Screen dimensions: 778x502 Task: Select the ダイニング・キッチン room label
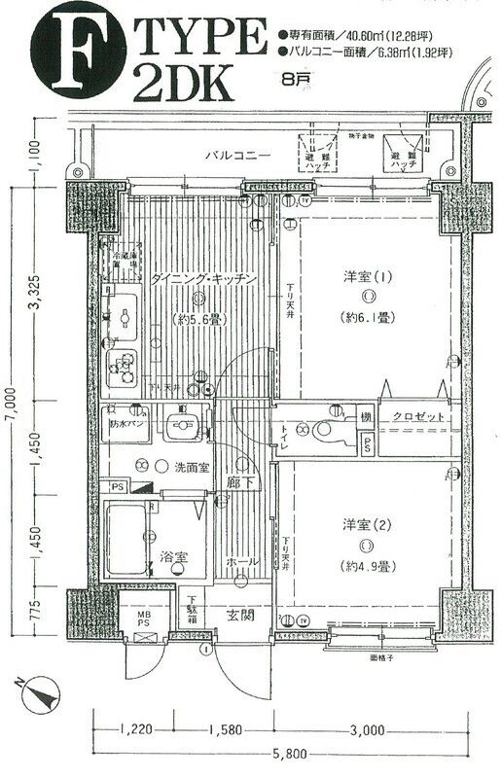click(x=203, y=279)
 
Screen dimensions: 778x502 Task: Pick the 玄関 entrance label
click(x=241, y=615)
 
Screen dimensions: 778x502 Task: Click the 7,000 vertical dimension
click(x=12, y=401)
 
